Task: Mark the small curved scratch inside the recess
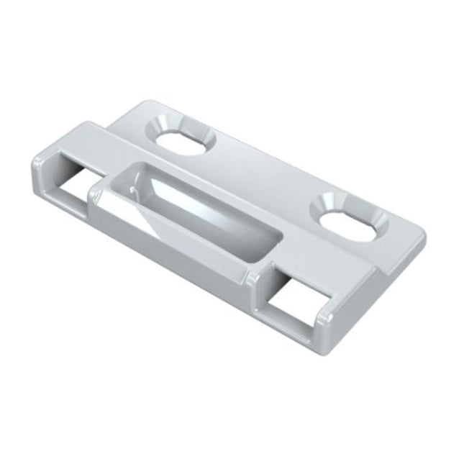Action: (x=136, y=188)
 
